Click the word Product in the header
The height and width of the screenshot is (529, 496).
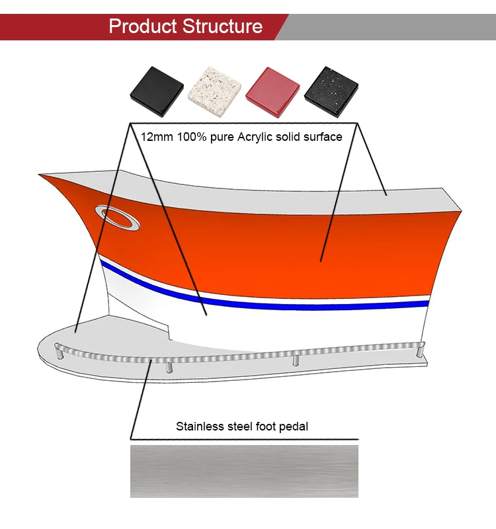click(x=142, y=26)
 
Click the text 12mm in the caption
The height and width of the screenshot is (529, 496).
click(x=155, y=137)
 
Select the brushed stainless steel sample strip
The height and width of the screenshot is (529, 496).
click(x=244, y=471)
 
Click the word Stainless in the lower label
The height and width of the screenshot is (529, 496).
click(x=198, y=427)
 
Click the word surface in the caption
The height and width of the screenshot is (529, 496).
click(x=322, y=137)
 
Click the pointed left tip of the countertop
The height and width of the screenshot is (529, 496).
click(x=42, y=175)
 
